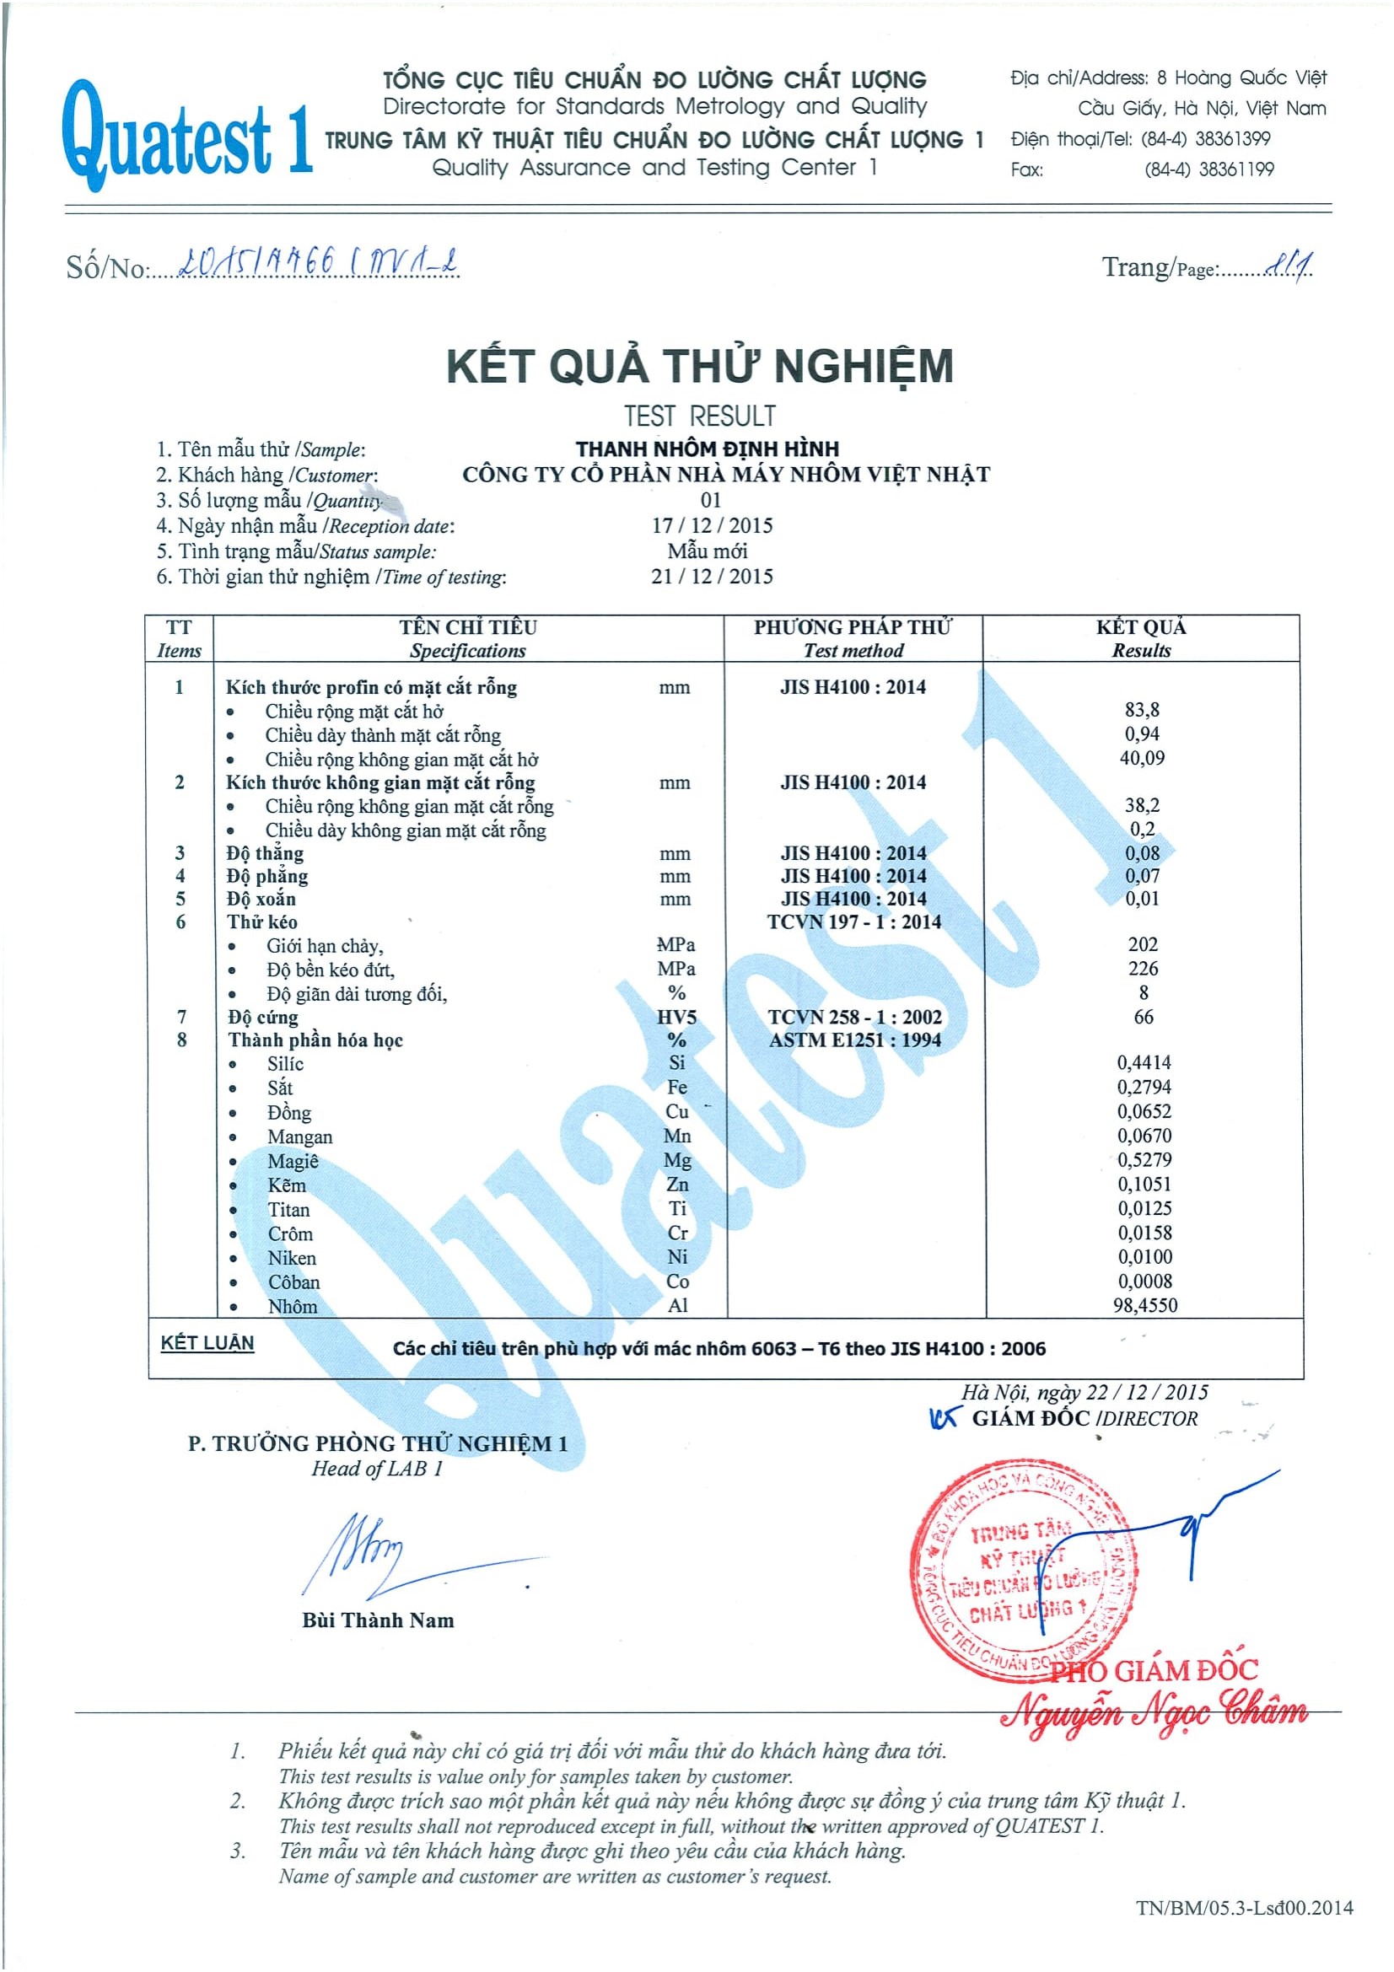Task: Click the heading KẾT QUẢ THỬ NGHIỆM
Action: (x=699, y=366)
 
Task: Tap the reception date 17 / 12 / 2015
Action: (x=712, y=525)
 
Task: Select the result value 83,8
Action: (x=1142, y=709)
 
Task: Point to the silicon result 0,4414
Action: (x=1144, y=1062)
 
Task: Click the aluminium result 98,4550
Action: (x=1145, y=1305)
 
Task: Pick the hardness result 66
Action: (x=1144, y=1017)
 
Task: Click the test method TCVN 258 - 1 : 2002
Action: (x=854, y=1017)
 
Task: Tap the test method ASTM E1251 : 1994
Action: (x=854, y=1040)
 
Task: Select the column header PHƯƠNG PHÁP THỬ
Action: (x=853, y=628)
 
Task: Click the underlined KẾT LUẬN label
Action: (x=207, y=1343)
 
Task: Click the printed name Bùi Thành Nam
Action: (x=378, y=1620)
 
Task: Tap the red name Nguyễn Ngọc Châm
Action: (x=1154, y=1711)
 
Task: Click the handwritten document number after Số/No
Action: (x=318, y=262)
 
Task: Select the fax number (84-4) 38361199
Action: (x=1208, y=169)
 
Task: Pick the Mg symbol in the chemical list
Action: (x=677, y=1160)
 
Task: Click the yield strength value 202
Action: (x=1144, y=945)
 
